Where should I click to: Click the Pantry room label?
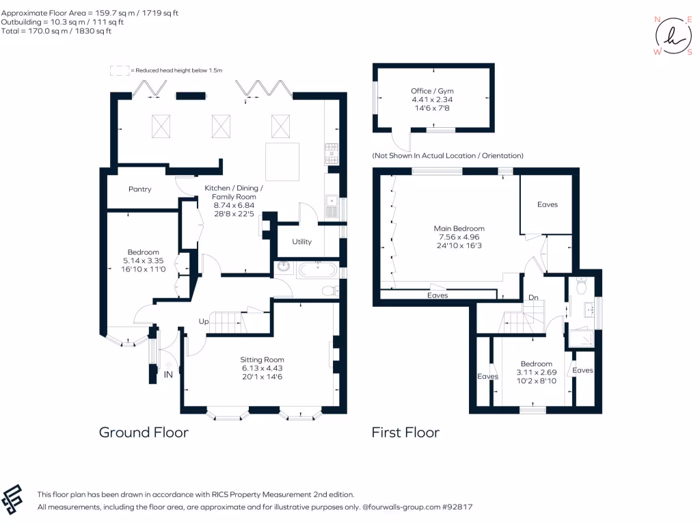(x=139, y=189)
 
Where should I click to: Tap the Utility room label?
(x=301, y=241)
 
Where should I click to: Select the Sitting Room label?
(x=262, y=360)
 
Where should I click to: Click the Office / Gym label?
(x=431, y=91)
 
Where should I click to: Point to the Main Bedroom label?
(x=459, y=228)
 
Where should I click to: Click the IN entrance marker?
(x=168, y=375)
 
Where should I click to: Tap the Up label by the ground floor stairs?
(x=203, y=321)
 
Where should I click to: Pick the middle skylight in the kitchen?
(x=221, y=126)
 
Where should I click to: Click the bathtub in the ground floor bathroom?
(x=316, y=269)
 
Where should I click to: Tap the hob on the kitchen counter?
(x=332, y=154)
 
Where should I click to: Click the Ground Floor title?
(x=144, y=432)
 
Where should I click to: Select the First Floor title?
(x=405, y=432)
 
